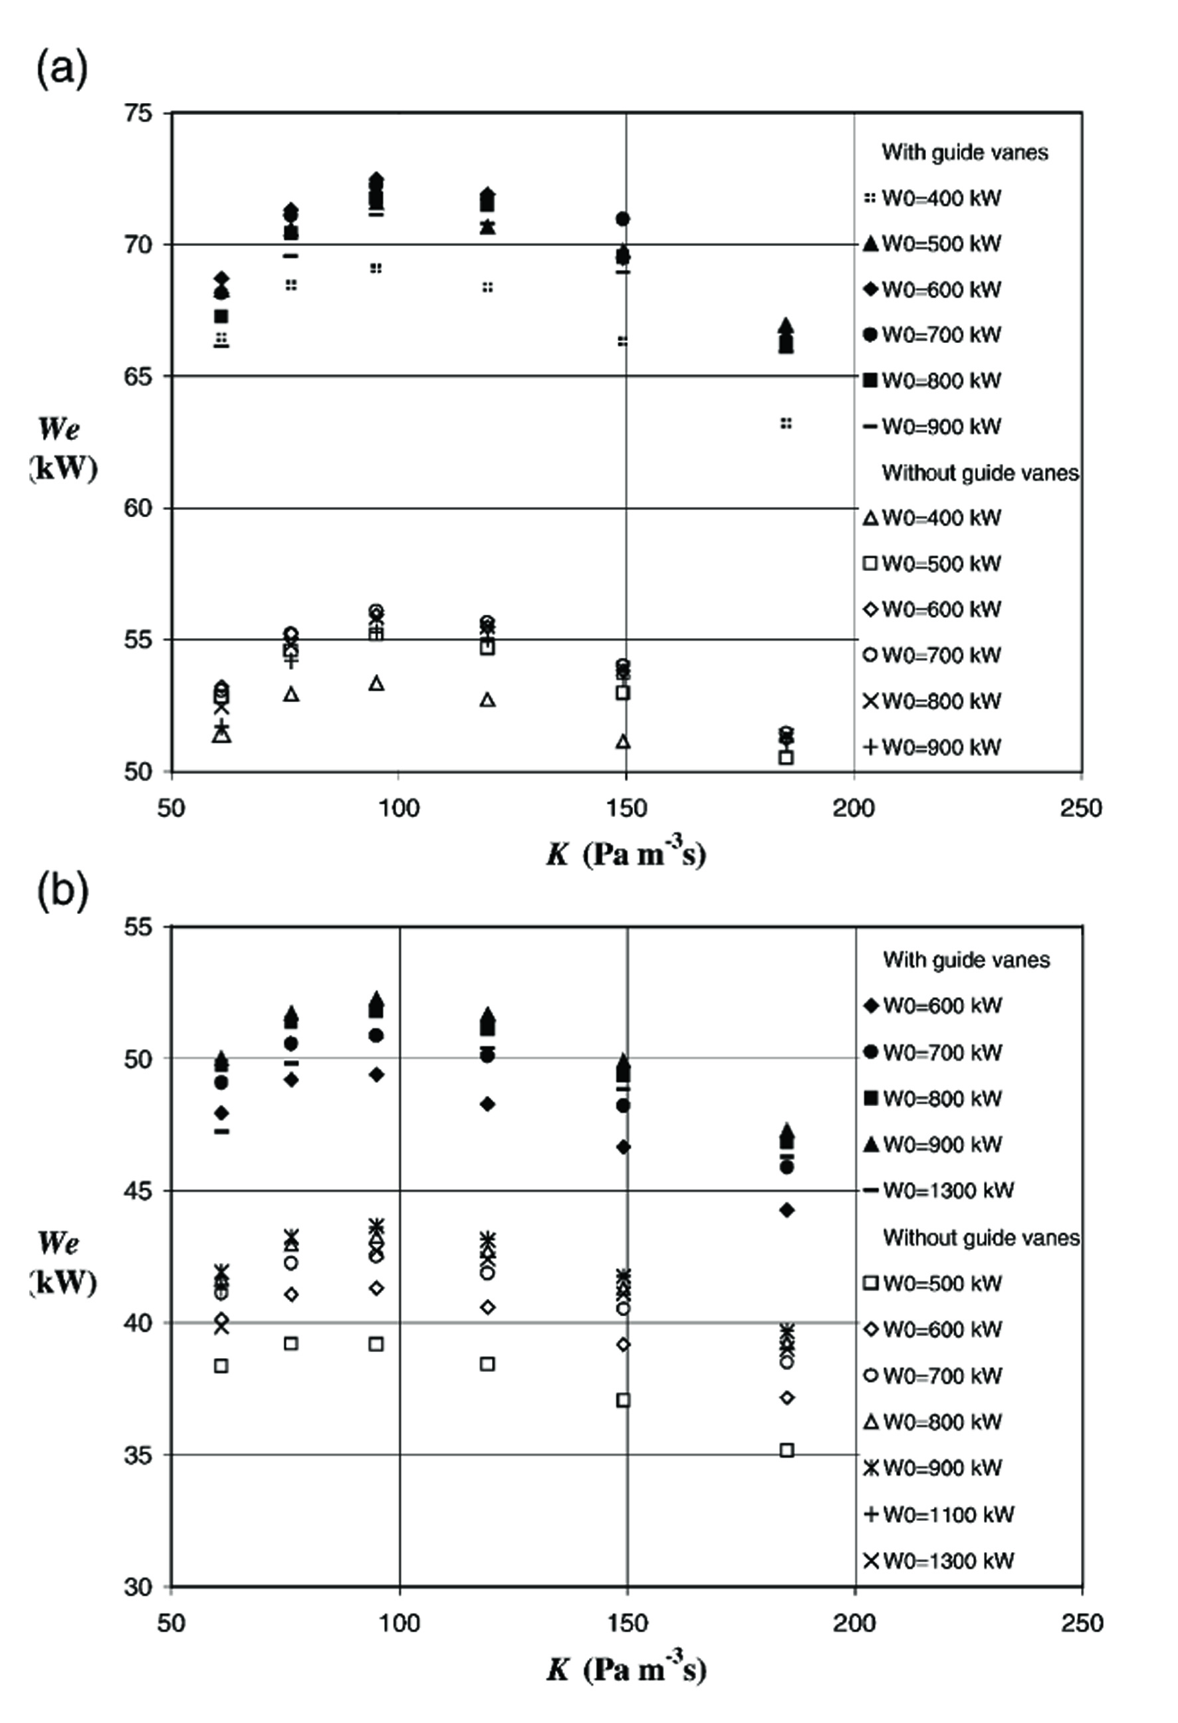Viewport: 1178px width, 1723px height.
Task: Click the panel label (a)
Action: pyautogui.click(x=62, y=70)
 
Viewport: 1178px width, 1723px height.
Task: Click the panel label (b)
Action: pyautogui.click(x=62, y=892)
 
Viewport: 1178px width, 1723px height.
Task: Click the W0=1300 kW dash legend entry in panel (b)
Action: pyautogui.click(x=939, y=1191)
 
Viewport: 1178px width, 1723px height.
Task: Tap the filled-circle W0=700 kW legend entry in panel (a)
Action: pyautogui.click(x=933, y=335)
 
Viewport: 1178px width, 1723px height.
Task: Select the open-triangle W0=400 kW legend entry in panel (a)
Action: pyautogui.click(x=933, y=517)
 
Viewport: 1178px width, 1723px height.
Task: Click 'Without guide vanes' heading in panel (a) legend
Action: pyautogui.click(x=979, y=473)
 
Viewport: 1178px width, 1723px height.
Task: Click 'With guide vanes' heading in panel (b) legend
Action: pyautogui.click(x=966, y=960)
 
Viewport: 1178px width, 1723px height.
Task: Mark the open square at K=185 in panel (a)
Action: pyautogui.click(x=786, y=757)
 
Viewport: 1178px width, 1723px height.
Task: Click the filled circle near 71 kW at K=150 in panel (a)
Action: pyautogui.click(x=623, y=219)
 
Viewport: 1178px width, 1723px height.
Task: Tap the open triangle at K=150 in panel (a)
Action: pyautogui.click(x=623, y=741)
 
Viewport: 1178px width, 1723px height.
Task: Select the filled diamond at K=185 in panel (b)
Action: pyautogui.click(x=786, y=1210)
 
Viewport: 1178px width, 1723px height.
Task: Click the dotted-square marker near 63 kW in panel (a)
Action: pyautogui.click(x=786, y=423)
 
